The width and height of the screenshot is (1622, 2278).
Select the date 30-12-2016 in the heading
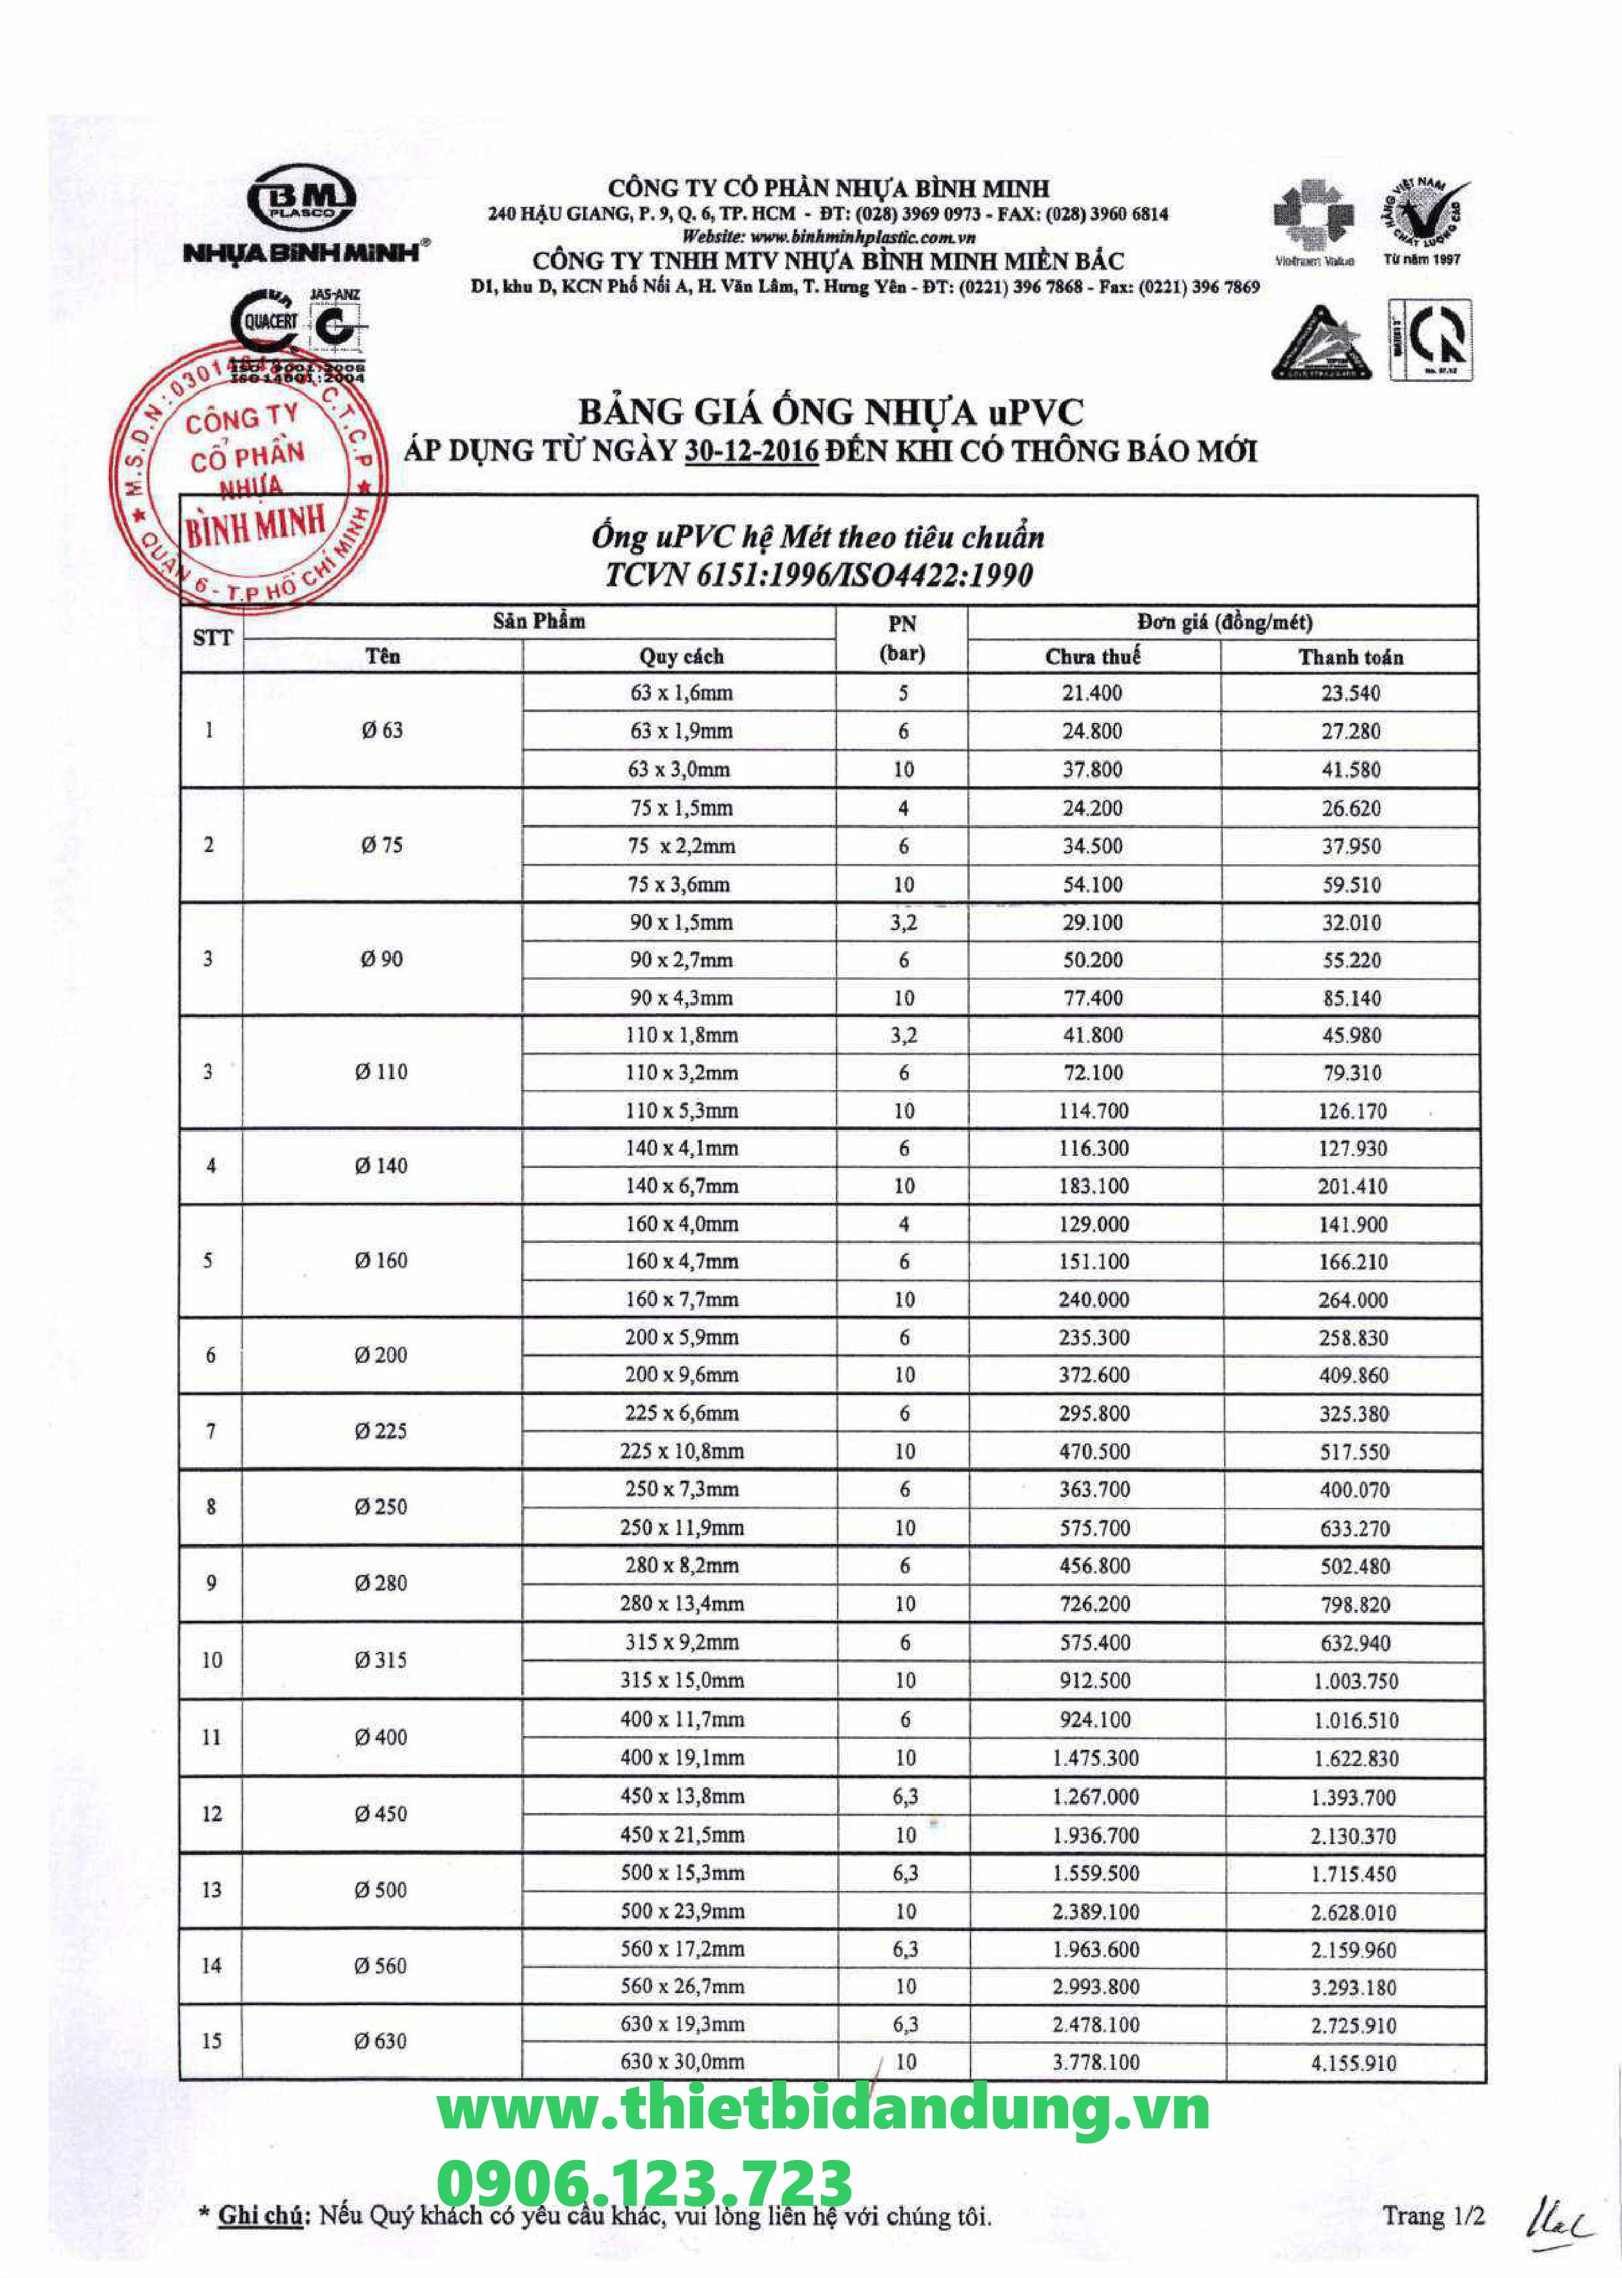(x=751, y=451)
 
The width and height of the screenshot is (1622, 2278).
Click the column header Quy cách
(x=681, y=656)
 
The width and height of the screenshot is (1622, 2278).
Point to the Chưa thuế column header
(x=1093, y=656)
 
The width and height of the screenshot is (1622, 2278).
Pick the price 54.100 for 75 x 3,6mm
(x=1093, y=884)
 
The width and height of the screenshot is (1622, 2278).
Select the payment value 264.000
(x=1353, y=1300)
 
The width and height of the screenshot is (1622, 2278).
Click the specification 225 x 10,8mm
(x=681, y=1451)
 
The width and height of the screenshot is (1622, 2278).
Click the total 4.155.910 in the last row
(x=1353, y=2063)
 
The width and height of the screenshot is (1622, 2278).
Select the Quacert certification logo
(x=266, y=322)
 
